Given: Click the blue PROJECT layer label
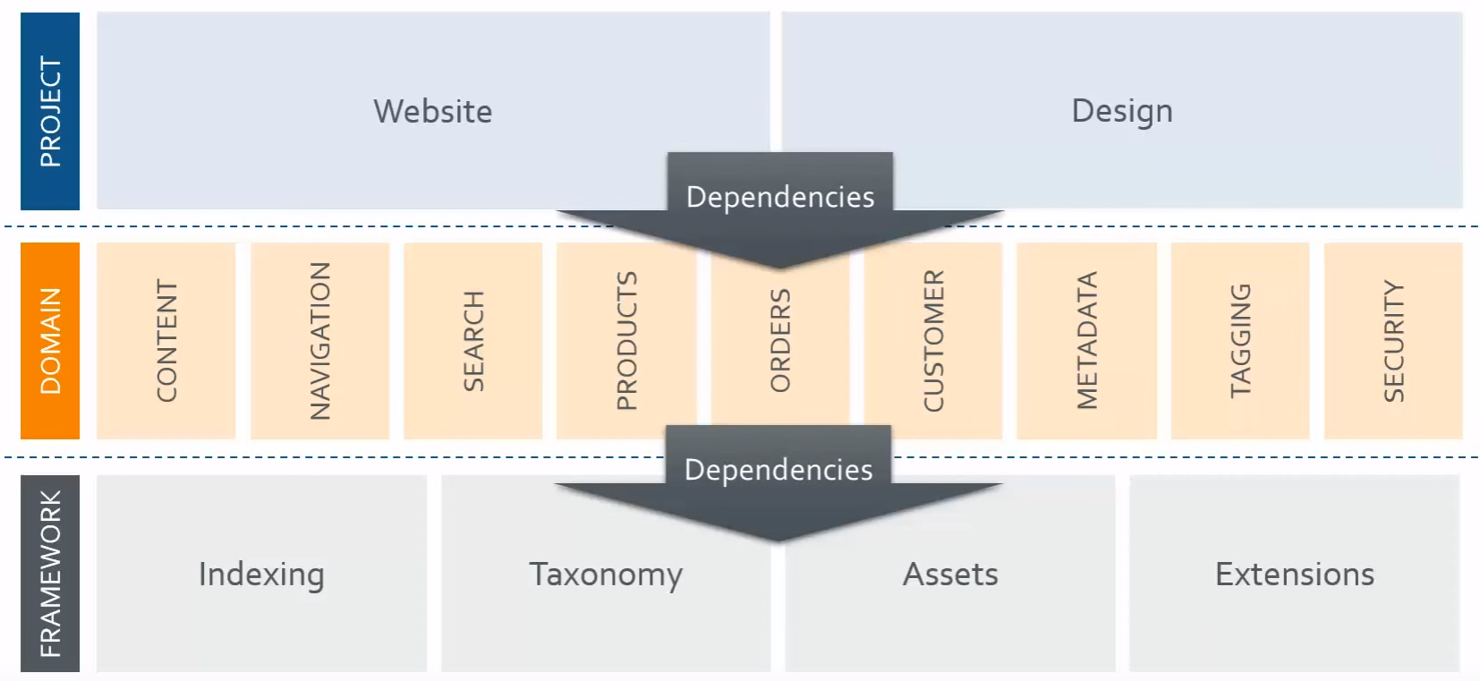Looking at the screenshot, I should click(x=50, y=111).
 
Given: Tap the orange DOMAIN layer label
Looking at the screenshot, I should click(x=50, y=341).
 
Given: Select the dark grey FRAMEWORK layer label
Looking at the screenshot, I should click(x=50, y=574).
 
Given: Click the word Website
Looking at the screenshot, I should click(x=433, y=112).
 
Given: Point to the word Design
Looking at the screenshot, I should click(x=1122, y=112).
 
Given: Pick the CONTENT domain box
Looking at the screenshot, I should click(x=166, y=341).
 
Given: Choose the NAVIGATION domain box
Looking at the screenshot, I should click(x=319, y=341).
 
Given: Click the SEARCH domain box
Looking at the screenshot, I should click(x=473, y=341).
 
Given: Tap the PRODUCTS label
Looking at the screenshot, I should click(x=627, y=341).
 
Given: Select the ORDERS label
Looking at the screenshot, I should click(x=780, y=341).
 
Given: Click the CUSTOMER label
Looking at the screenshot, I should click(x=933, y=341).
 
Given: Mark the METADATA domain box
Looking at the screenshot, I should click(x=1087, y=341).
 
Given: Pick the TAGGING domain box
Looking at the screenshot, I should click(x=1240, y=341).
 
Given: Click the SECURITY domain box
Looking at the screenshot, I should click(x=1393, y=341).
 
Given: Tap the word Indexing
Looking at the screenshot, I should click(x=261, y=575).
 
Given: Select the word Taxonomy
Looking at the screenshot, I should click(x=606, y=575).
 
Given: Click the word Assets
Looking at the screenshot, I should click(x=950, y=575).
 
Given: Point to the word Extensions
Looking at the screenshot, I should click(x=1294, y=575).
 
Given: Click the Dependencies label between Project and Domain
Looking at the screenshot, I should click(x=780, y=197).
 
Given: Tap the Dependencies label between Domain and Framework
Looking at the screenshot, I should click(x=778, y=470).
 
